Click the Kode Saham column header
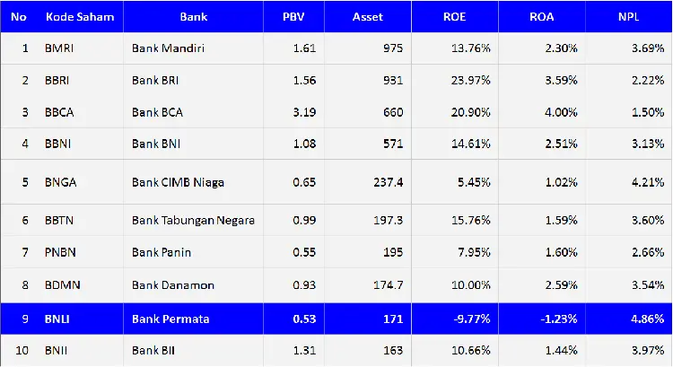(80, 17)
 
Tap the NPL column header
(628, 17)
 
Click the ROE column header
(455, 17)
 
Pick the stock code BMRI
(60, 48)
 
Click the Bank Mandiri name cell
(168, 48)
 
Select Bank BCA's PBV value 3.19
(304, 112)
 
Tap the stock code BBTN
(59, 220)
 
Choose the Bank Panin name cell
(162, 252)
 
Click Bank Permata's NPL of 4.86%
(646, 317)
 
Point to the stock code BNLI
(57, 317)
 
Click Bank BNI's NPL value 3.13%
(646, 144)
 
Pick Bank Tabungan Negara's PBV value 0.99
(304, 220)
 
